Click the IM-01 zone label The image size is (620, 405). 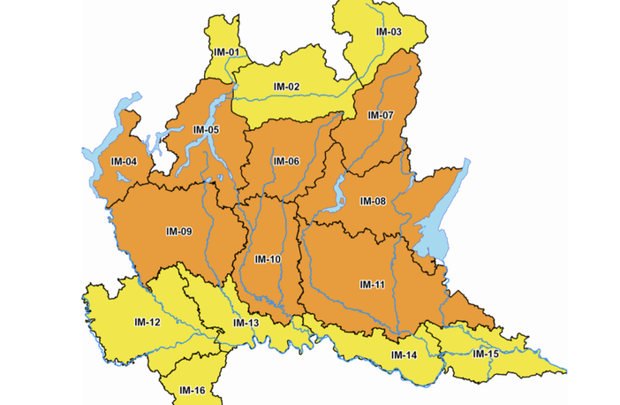pyautogui.click(x=226, y=52)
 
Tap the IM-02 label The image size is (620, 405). pyautogui.click(x=287, y=87)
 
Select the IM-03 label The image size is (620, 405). pyautogui.click(x=389, y=32)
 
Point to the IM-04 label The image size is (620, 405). pyautogui.click(x=124, y=161)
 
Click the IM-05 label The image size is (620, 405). pyautogui.click(x=206, y=130)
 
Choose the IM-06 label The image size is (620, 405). pyautogui.click(x=286, y=161)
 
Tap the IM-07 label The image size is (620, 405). pyautogui.click(x=381, y=116)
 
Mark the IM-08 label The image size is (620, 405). pyautogui.click(x=373, y=202)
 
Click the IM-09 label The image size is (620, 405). pyautogui.click(x=178, y=232)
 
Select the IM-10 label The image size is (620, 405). pyautogui.click(x=268, y=259)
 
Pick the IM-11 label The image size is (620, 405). pyautogui.click(x=373, y=284)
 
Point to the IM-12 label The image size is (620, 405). pyautogui.click(x=147, y=321)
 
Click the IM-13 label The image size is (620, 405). pyautogui.click(x=246, y=324)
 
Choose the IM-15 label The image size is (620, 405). pyautogui.click(x=486, y=354)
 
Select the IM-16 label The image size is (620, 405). pyautogui.click(x=193, y=390)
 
